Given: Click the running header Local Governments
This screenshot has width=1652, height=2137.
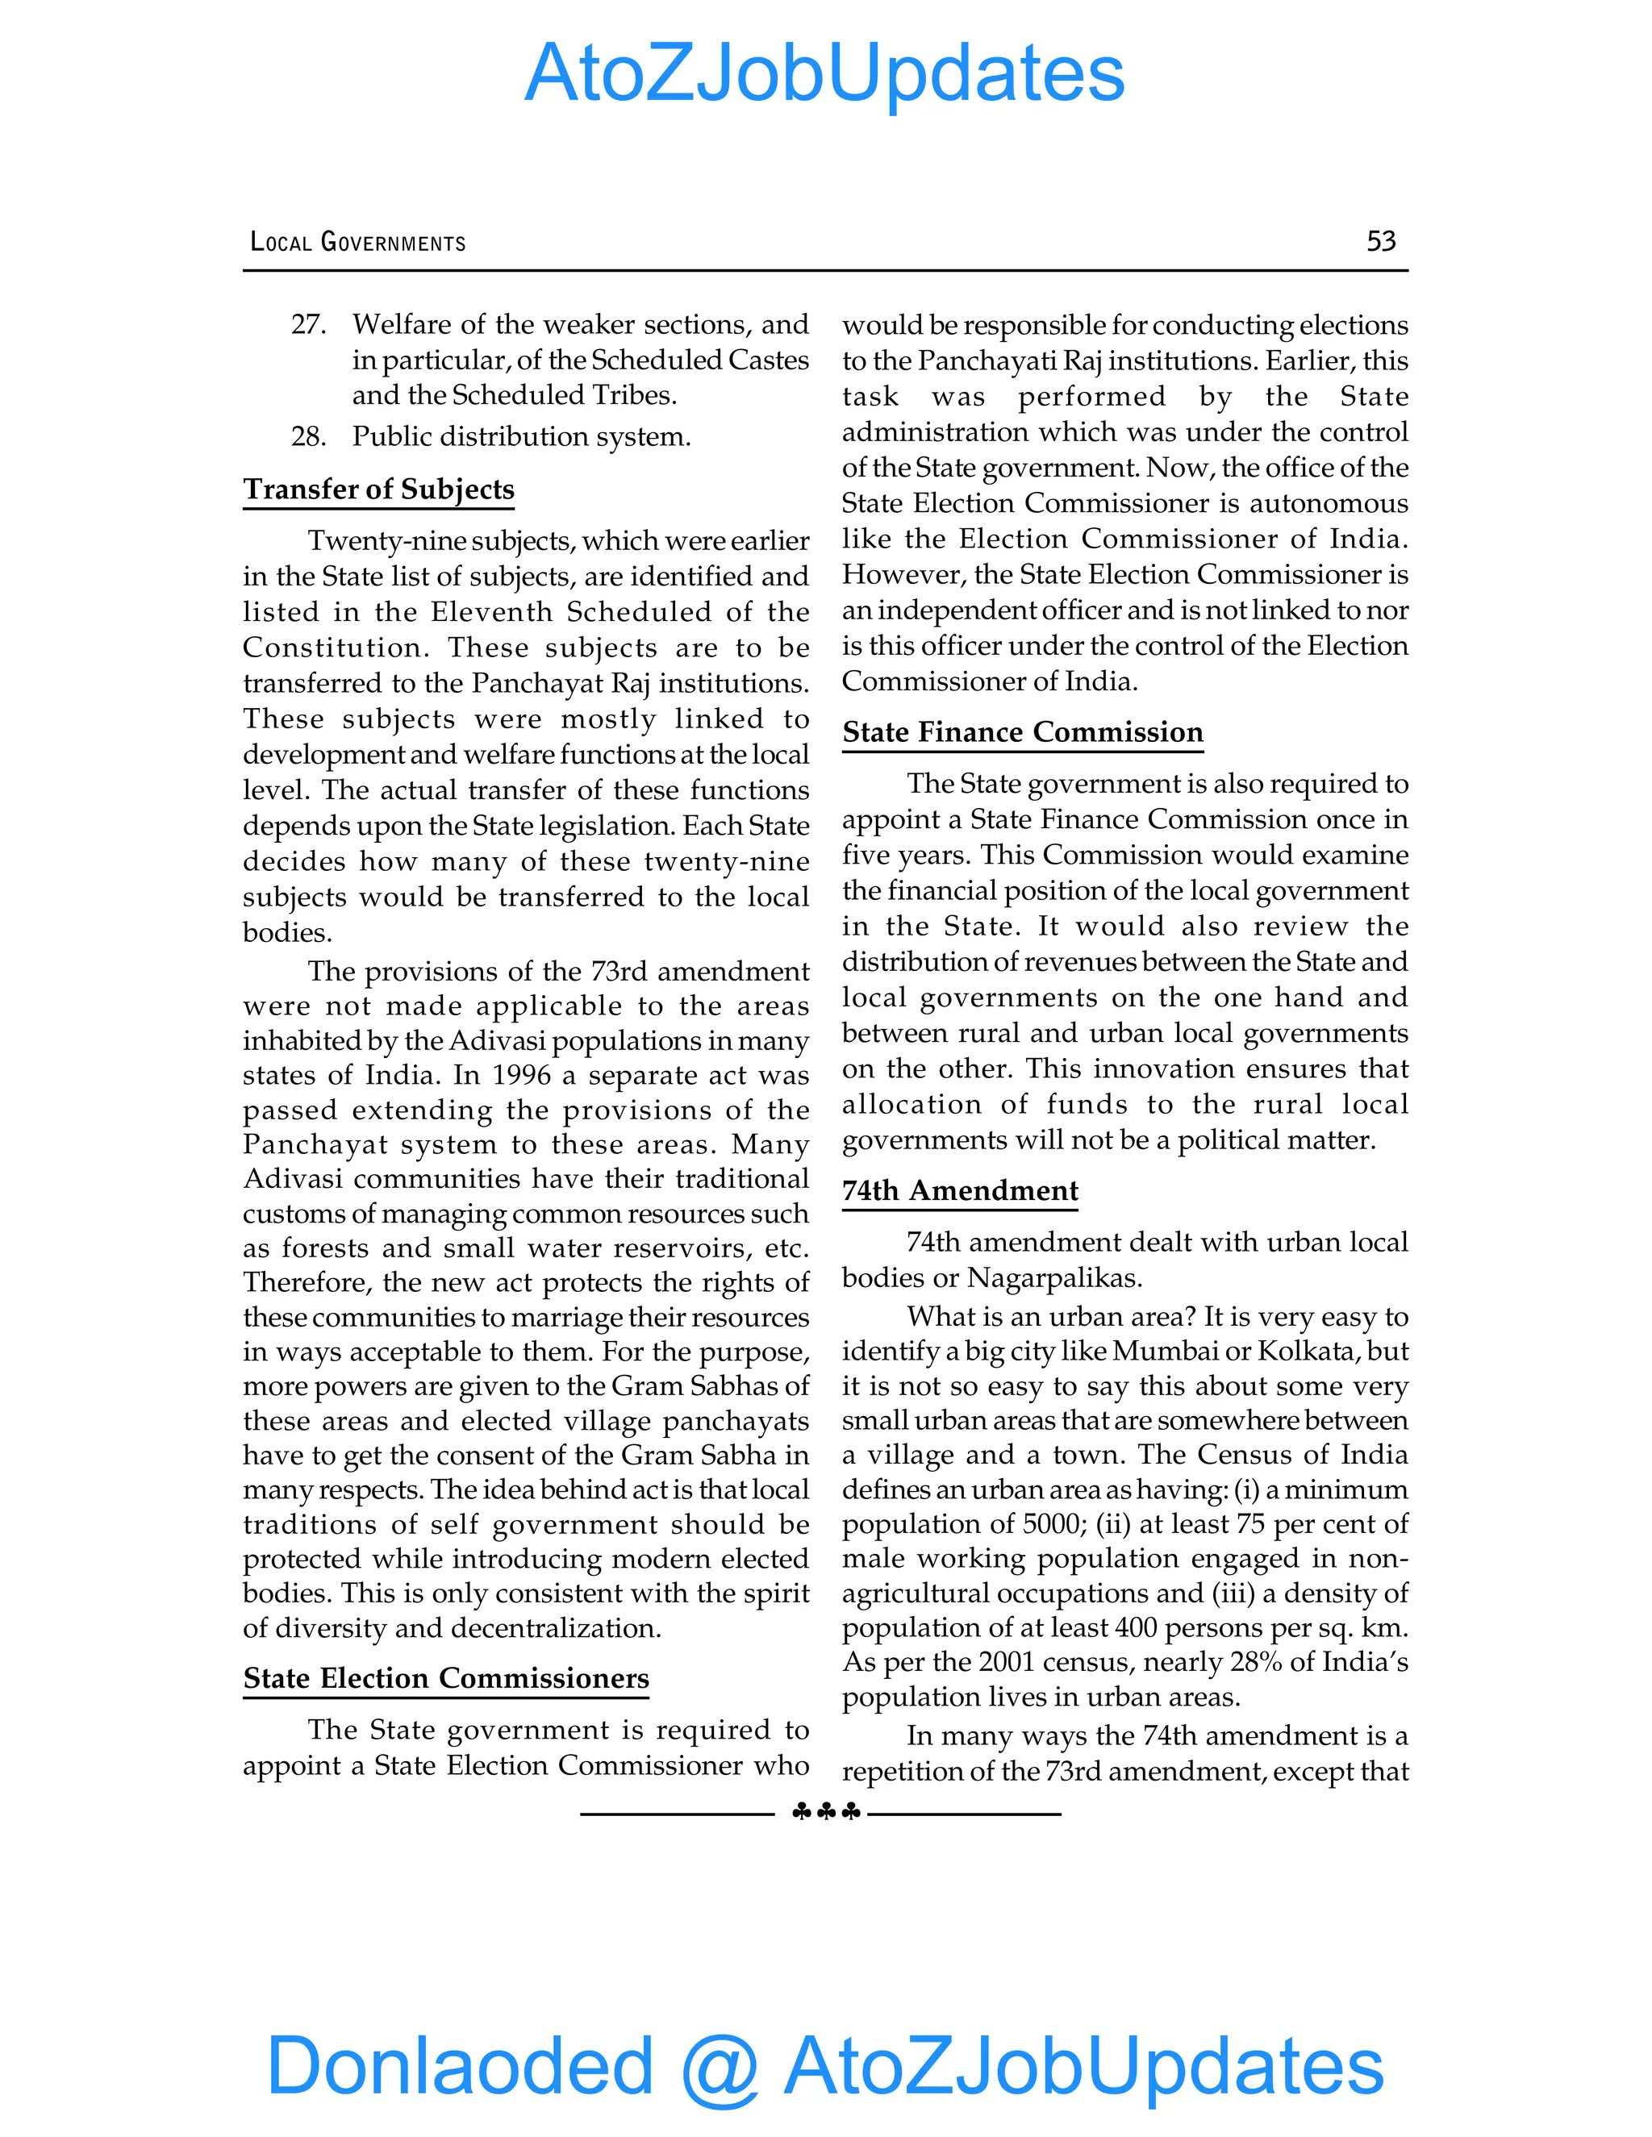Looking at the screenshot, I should pyautogui.click(x=358, y=242).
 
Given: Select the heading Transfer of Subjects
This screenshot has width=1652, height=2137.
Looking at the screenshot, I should pyautogui.click(x=379, y=489).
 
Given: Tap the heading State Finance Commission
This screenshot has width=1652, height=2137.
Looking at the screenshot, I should pyautogui.click(x=1023, y=732).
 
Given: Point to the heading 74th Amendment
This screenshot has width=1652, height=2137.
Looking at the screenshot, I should pyautogui.click(x=960, y=1191).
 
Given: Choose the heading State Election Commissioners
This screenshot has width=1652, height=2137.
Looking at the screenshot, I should pyautogui.click(x=446, y=1678).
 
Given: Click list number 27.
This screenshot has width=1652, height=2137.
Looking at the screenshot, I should pyautogui.click(x=308, y=324).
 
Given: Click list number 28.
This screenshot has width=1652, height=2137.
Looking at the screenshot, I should pyautogui.click(x=308, y=436).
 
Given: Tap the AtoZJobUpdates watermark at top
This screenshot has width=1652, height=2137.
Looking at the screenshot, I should pyautogui.click(x=825, y=73).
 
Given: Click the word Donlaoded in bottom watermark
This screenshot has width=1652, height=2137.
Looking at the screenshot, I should pyautogui.click(x=460, y=2064).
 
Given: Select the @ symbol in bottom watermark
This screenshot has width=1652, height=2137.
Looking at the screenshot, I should pyautogui.click(x=720, y=2067).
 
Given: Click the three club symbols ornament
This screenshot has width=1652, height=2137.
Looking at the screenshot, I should pyautogui.click(x=826, y=1812).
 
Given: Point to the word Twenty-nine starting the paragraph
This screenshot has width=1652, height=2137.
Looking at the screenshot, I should pyautogui.click(x=390, y=541).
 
